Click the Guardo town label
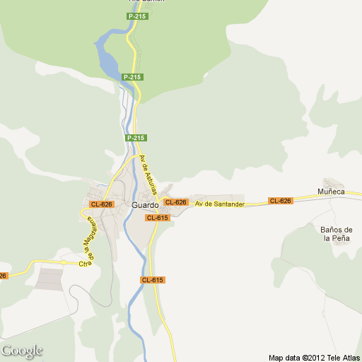click(x=144, y=205)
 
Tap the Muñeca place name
click(x=331, y=192)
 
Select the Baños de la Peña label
click(x=337, y=234)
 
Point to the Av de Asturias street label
click(x=148, y=170)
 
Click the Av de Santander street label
click(x=220, y=204)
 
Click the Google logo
click(x=21, y=351)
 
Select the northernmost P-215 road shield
click(x=137, y=16)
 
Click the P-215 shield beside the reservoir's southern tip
click(x=132, y=76)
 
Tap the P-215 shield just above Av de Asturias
click(x=136, y=137)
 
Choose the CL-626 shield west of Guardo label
click(x=102, y=204)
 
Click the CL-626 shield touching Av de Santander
click(x=175, y=202)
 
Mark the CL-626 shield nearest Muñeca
click(x=280, y=201)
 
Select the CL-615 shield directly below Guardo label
click(x=157, y=218)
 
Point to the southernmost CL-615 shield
click(x=152, y=280)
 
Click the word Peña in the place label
click(x=343, y=238)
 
